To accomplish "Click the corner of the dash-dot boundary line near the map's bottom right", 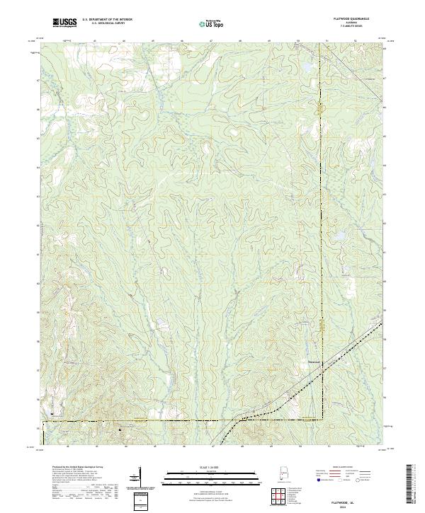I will (x=322, y=420).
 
